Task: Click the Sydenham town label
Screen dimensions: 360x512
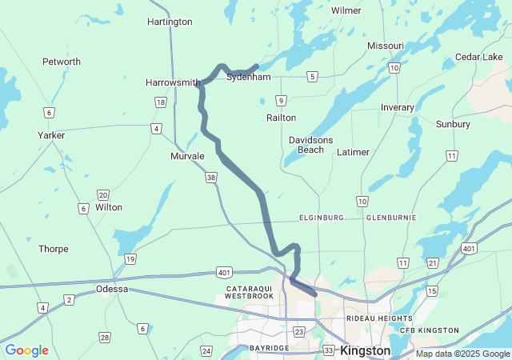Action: (249, 77)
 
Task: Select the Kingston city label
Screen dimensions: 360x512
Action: (365, 350)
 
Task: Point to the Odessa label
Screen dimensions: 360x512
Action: (112, 289)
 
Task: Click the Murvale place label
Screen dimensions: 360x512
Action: (187, 156)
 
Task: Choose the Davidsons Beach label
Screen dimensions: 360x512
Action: (310, 145)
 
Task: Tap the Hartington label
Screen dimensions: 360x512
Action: (170, 22)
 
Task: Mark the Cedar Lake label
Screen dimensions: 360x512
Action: (478, 57)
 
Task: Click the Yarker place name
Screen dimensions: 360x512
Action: (51, 135)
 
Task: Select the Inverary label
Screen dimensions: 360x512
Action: (398, 107)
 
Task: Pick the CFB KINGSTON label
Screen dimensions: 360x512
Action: (430, 330)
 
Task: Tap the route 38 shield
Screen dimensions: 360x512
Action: (210, 178)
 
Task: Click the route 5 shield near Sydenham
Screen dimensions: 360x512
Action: (312, 77)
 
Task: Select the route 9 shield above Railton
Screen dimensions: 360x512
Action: (280, 100)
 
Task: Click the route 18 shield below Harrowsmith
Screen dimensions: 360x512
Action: (161, 102)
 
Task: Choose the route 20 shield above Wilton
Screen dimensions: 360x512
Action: (103, 195)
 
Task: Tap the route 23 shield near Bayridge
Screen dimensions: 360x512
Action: (299, 331)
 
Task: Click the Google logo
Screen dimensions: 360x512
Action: (27, 350)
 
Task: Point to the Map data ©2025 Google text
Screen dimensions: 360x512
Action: (462, 354)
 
